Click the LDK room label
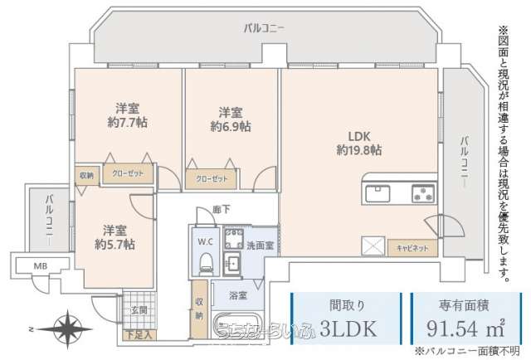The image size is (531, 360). point(358,136)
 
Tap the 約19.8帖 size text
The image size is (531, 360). point(358,150)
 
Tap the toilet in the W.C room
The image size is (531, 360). point(205,263)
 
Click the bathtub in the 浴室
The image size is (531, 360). point(241,324)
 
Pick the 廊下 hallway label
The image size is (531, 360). point(221,210)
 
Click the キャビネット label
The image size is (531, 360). point(412,248)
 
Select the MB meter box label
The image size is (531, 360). point(40,266)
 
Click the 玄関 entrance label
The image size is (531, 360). point(138,309)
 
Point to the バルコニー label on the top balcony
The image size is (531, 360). point(264,27)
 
